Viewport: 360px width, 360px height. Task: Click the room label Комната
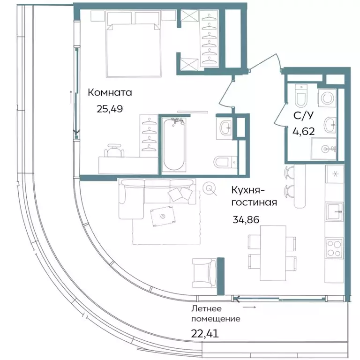[110, 93]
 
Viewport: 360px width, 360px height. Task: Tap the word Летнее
[206, 308]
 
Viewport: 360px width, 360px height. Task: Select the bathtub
[173, 144]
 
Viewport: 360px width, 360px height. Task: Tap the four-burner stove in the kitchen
[335, 247]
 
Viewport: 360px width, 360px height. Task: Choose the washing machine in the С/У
[327, 97]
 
